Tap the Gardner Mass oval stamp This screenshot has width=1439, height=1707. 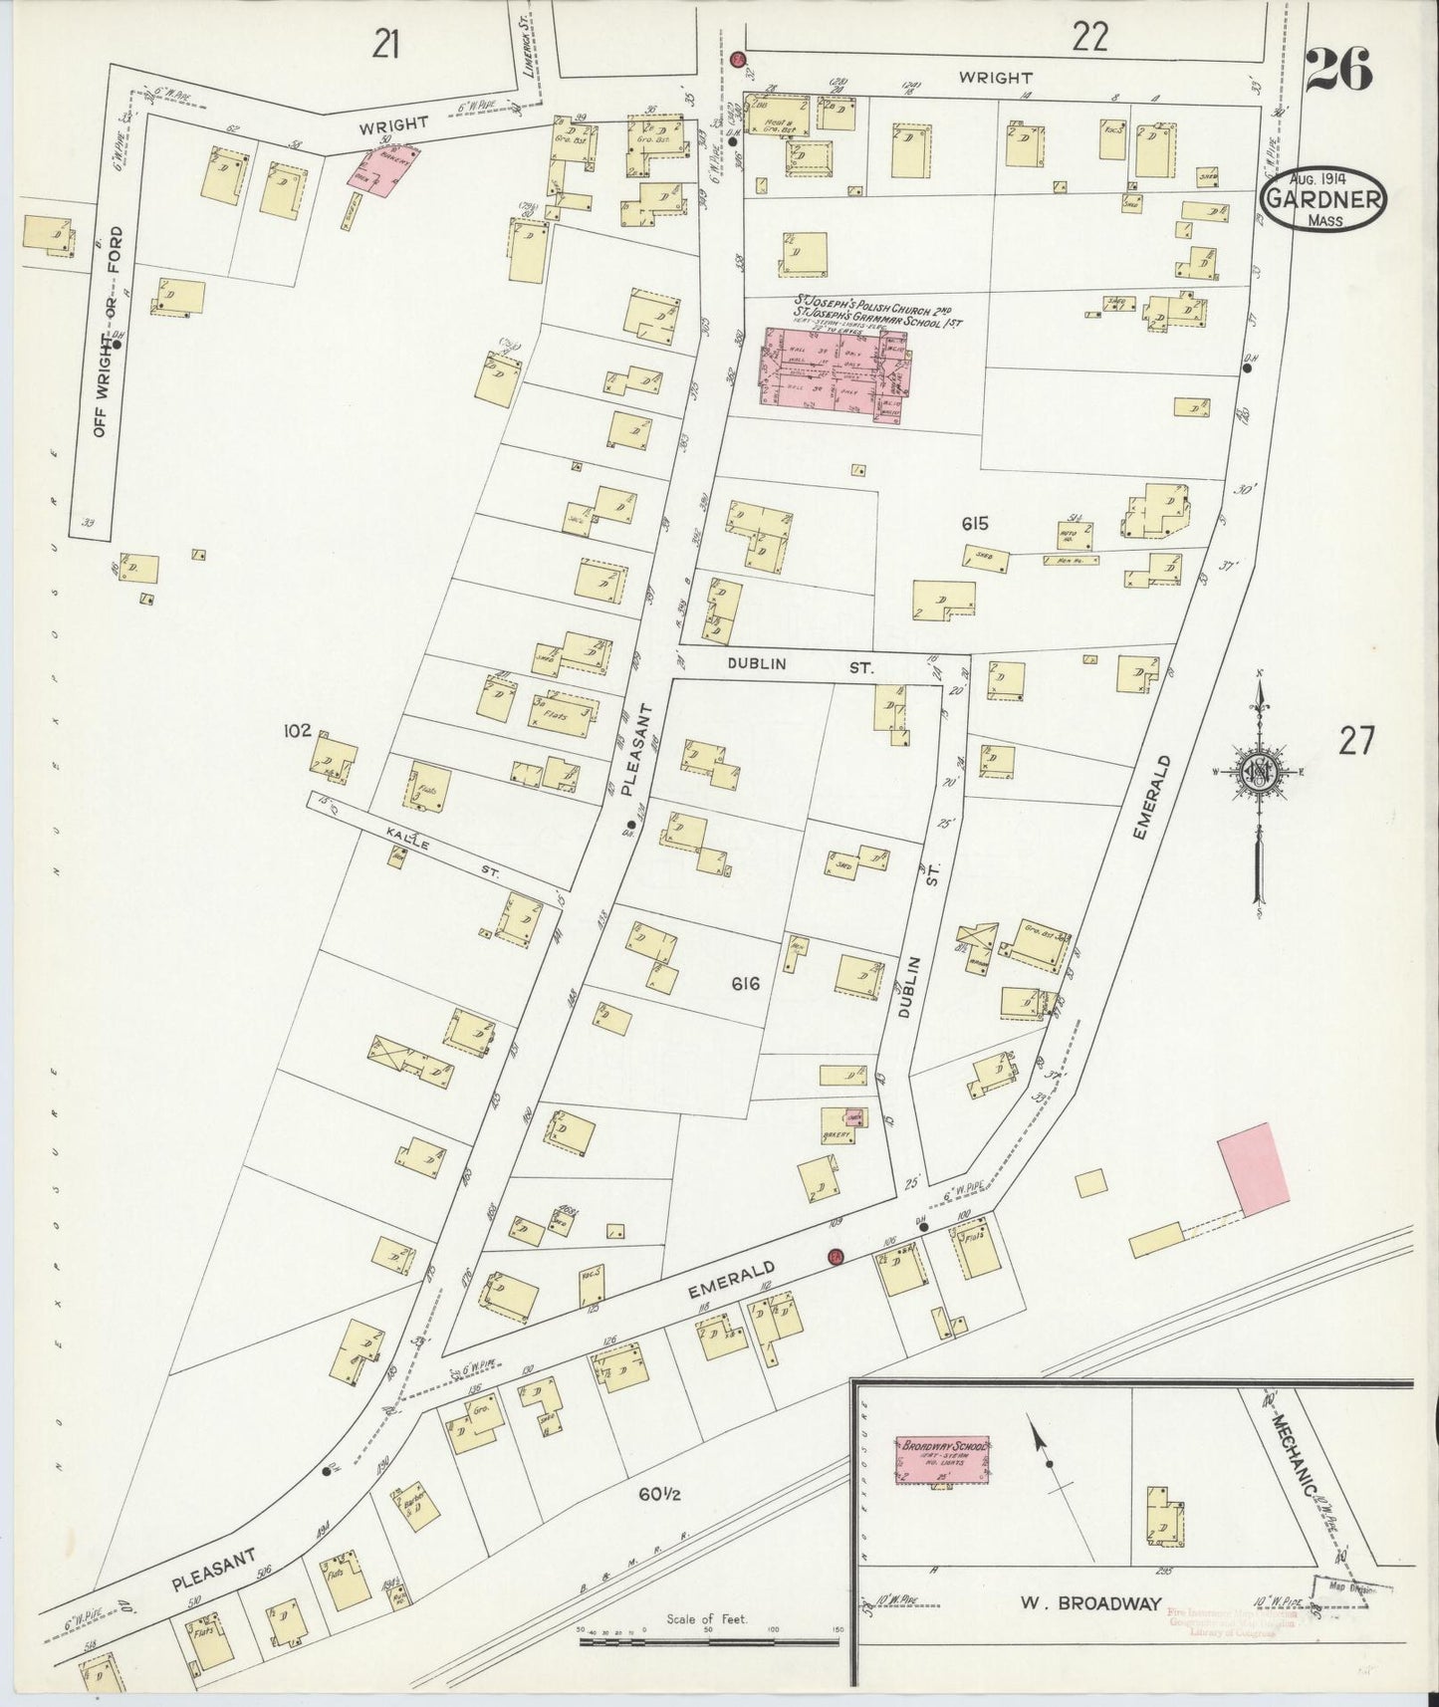(x=1323, y=201)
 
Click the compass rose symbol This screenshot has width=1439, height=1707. (x=1259, y=772)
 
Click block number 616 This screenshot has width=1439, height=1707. (x=745, y=984)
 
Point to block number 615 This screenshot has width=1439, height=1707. (x=977, y=524)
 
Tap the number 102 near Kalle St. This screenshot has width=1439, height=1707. (x=297, y=730)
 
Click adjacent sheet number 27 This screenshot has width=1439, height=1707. (x=1356, y=742)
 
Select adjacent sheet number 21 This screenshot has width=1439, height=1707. (x=386, y=44)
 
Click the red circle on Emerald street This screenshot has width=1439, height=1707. (x=836, y=1258)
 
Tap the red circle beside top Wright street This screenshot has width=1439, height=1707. (x=738, y=60)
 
